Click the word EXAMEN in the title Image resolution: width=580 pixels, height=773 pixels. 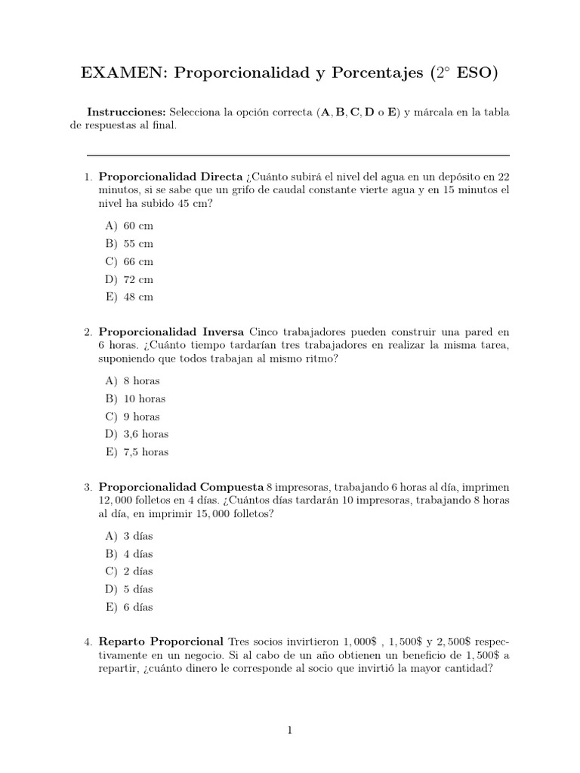(x=123, y=73)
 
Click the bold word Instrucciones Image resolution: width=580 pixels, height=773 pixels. (x=126, y=112)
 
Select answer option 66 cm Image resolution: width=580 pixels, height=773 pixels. (x=138, y=261)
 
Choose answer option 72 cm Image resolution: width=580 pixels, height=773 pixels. (x=138, y=279)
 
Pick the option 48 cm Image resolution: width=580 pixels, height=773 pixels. (x=138, y=297)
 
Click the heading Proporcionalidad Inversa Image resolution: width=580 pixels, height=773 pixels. (x=171, y=331)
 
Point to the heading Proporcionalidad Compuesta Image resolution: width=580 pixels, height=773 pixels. (x=181, y=486)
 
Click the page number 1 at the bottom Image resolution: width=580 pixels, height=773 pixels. (x=290, y=730)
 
